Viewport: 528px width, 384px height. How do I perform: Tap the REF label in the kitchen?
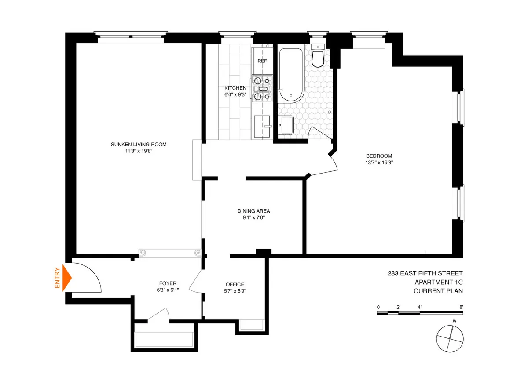click(262, 61)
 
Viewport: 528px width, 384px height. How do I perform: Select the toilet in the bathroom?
click(318, 56)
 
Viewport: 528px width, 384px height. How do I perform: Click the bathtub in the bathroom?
click(290, 75)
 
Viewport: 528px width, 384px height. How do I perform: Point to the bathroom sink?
click(286, 125)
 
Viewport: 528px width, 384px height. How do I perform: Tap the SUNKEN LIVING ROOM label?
click(139, 145)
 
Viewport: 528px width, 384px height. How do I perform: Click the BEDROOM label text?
click(379, 156)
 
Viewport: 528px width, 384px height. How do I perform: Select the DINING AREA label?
click(251, 211)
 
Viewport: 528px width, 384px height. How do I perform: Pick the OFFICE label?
click(235, 284)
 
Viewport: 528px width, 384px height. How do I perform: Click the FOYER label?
click(168, 283)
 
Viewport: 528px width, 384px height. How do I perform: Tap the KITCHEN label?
click(235, 88)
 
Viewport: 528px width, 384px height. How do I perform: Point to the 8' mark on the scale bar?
click(461, 307)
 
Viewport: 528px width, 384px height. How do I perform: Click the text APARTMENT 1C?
click(438, 282)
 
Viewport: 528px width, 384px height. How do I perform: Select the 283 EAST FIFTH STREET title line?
click(425, 273)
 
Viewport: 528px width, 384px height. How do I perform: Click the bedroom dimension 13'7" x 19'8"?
click(379, 162)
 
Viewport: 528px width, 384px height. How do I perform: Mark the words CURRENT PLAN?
click(438, 291)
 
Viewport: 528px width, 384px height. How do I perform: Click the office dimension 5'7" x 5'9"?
click(235, 290)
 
